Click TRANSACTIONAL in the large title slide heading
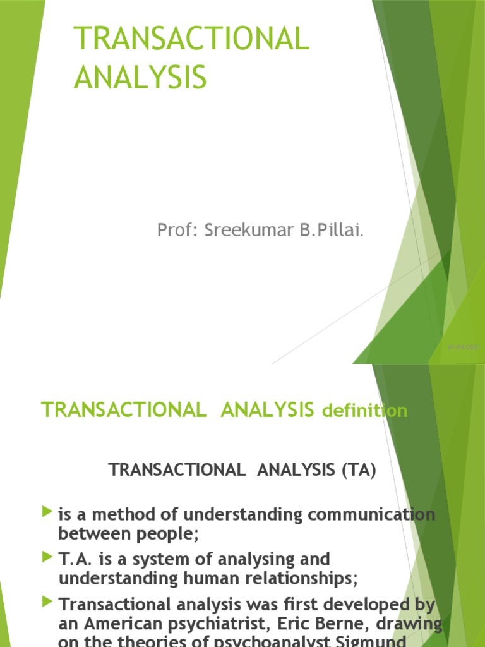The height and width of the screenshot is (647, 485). (192, 39)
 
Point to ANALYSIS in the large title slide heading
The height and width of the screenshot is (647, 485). (140, 78)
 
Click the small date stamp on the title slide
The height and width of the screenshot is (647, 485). (464, 347)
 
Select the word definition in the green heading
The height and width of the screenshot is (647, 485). (364, 411)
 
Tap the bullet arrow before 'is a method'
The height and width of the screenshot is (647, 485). (47, 512)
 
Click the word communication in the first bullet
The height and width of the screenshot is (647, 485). (372, 515)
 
